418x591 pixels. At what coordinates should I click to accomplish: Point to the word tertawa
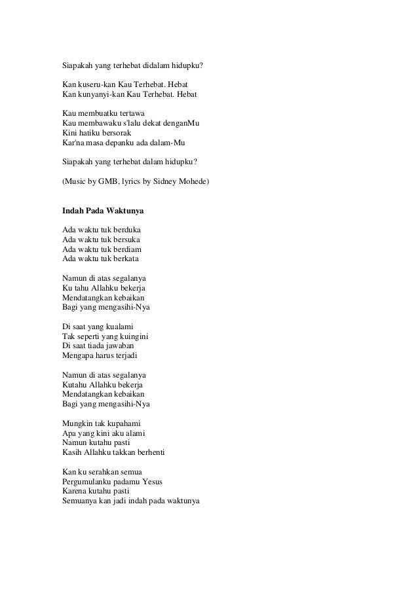tap(130, 114)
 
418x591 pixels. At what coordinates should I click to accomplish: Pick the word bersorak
tap(118, 134)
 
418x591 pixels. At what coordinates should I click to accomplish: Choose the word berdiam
tap(127, 249)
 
